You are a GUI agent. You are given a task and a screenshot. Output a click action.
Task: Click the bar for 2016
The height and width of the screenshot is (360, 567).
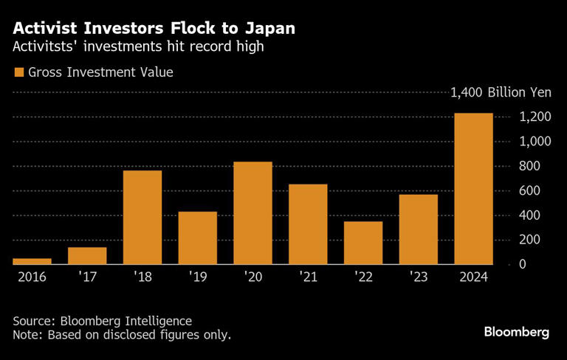pos(32,260)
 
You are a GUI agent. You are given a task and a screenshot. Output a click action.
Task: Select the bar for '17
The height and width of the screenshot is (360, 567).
pos(87,255)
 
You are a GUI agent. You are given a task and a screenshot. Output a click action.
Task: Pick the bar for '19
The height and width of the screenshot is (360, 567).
pos(198,238)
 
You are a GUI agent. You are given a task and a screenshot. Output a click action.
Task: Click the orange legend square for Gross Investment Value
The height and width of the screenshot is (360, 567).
pos(18,72)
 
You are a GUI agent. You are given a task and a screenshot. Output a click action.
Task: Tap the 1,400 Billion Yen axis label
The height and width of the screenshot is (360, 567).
pos(500,93)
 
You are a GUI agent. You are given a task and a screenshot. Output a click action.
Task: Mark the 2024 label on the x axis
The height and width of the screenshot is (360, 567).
pos(473,279)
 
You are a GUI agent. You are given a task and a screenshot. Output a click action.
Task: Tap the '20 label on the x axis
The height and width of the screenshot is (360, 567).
pos(252,279)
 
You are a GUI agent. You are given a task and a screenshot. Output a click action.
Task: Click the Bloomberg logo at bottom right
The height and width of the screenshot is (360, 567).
pos(516,332)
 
